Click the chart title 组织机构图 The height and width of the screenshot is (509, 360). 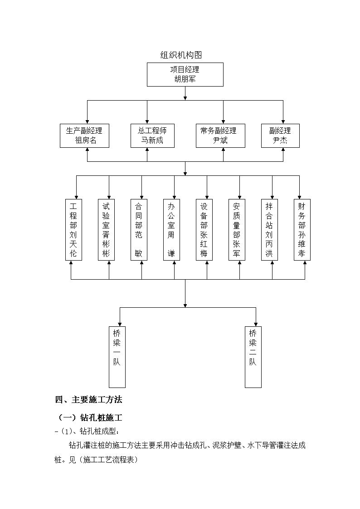pyautogui.click(x=181, y=55)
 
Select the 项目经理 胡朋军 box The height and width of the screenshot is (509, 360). pyautogui.click(x=185, y=75)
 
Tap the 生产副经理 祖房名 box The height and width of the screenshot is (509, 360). pyautogui.click(x=84, y=136)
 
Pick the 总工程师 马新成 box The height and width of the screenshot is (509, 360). pyautogui.click(x=153, y=136)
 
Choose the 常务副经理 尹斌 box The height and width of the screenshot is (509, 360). pyautogui.click(x=220, y=136)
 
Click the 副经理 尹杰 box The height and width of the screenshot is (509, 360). pyautogui.click(x=280, y=136)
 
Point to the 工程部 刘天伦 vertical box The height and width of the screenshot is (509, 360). pyautogui.click(x=74, y=230)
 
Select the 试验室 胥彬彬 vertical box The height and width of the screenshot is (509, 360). pyautogui.click(x=106, y=230)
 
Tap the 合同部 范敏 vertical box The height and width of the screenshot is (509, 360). pyautogui.click(x=139, y=230)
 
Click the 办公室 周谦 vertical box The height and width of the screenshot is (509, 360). pyautogui.click(x=171, y=230)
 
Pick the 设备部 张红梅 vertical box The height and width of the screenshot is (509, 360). pyautogui.click(x=204, y=230)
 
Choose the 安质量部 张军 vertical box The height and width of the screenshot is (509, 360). pyautogui.click(x=237, y=230)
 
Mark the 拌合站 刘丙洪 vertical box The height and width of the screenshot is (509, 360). pyautogui.click(x=269, y=230)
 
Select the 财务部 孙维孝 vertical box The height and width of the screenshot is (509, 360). pyautogui.click(x=302, y=230)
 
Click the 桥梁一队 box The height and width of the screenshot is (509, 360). pyautogui.click(x=117, y=357)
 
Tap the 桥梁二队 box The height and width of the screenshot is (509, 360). pyautogui.click(x=253, y=357)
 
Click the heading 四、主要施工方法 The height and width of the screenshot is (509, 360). pyautogui.click(x=88, y=400)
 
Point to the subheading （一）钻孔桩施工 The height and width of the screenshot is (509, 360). pyautogui.click(x=90, y=417)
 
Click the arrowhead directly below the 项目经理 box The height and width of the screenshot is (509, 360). pyautogui.click(x=185, y=98)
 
